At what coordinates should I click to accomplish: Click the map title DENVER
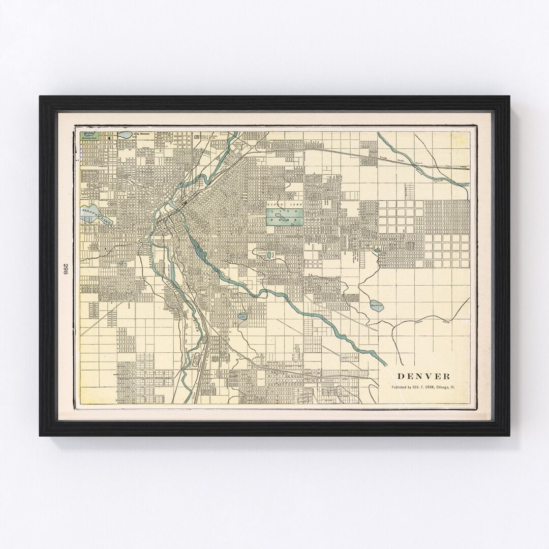click(x=423, y=377)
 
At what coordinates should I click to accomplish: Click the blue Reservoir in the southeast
click(x=377, y=306)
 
